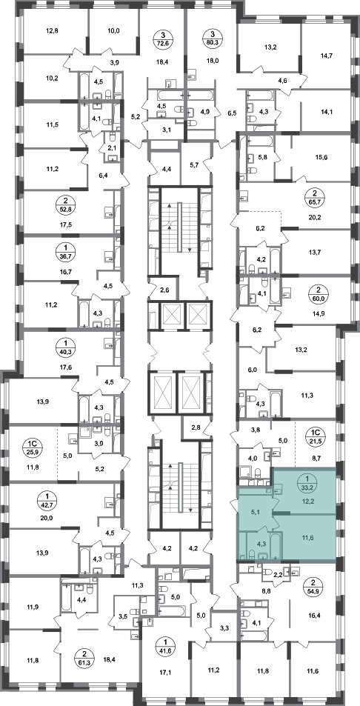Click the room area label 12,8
[x=52, y=31]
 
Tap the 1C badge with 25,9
[x=31, y=447]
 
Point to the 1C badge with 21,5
[x=315, y=436]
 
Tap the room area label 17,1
[x=167, y=673]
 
